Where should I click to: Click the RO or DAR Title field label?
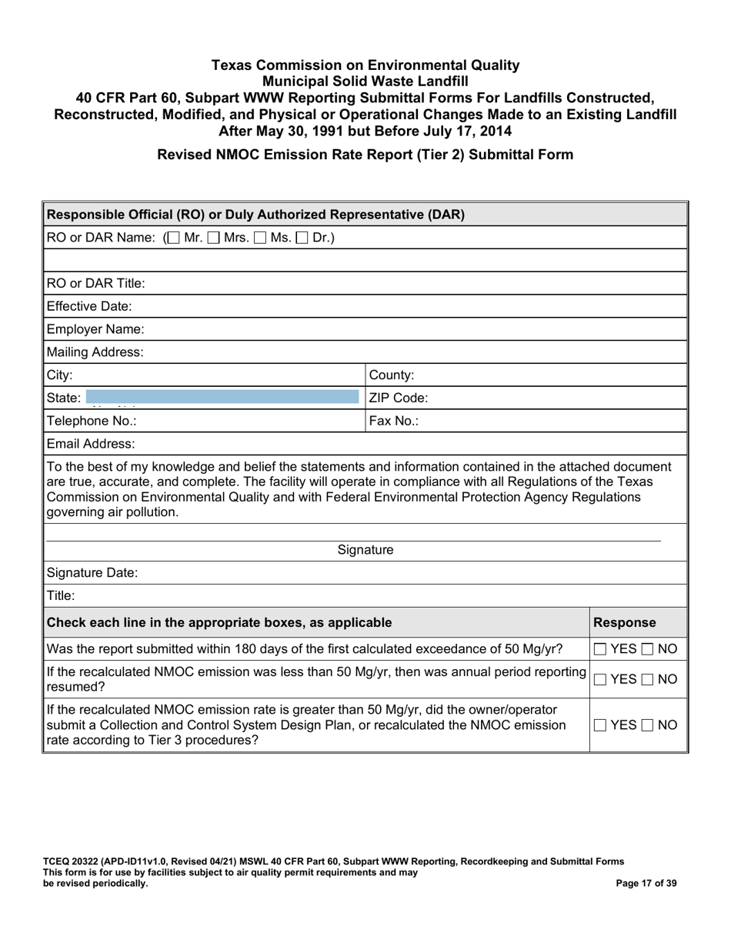click(95, 283)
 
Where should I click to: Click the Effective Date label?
click(89, 306)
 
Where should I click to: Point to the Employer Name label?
click(95, 329)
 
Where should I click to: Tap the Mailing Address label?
click(95, 352)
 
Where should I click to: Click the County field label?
click(392, 375)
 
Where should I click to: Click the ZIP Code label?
click(399, 398)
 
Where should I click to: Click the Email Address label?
click(91, 444)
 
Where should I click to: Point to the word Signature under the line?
click(365, 550)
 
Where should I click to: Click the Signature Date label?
click(92, 573)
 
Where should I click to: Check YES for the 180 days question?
click(602, 649)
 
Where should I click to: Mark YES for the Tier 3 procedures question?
click(602, 725)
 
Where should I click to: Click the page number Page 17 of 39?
click(646, 884)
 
